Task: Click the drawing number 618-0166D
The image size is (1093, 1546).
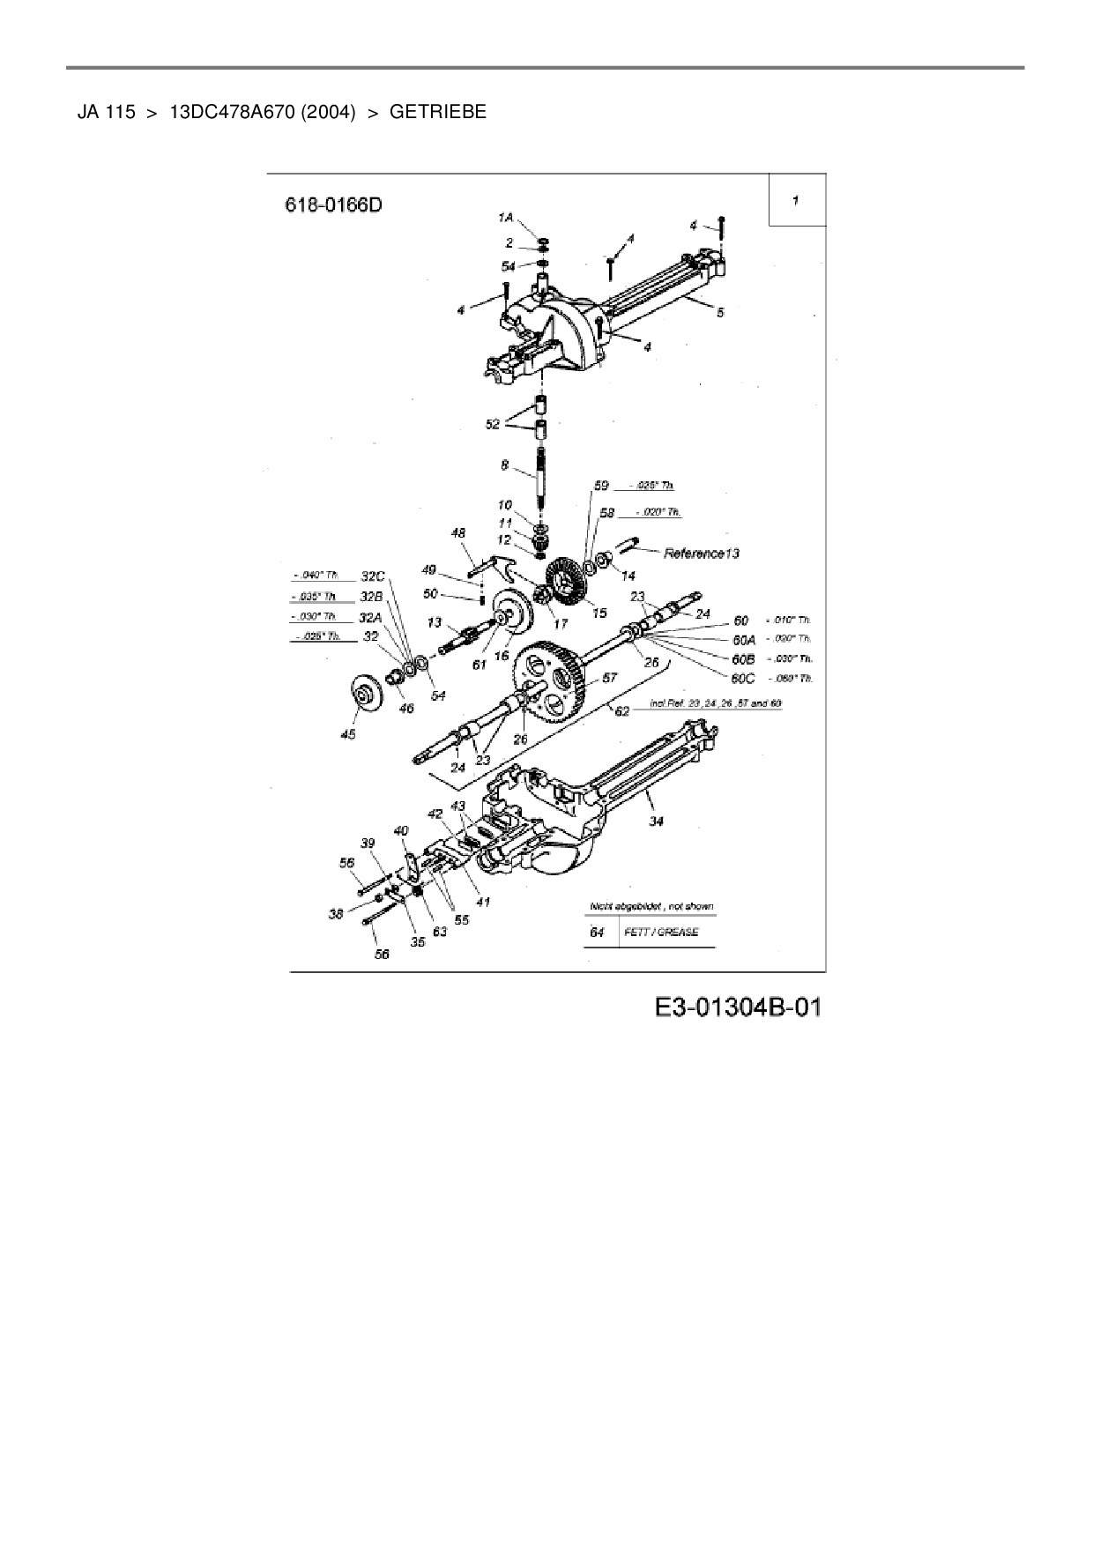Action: pos(333,204)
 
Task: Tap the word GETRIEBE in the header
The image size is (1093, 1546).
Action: pos(437,112)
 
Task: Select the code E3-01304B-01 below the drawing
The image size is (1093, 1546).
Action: pos(738,1007)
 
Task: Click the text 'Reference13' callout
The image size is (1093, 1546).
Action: pos(701,554)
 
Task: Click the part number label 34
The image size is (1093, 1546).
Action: pos(657,821)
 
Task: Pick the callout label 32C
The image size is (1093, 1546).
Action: pos(373,576)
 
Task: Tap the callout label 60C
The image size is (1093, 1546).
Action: pos(743,678)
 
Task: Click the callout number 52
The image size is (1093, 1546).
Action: pos(492,424)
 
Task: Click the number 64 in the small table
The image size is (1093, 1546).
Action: pos(597,932)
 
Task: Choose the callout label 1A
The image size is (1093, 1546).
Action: pos(505,217)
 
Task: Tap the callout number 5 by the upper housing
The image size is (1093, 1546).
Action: pos(720,312)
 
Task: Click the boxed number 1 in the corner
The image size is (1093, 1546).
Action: pos(796,200)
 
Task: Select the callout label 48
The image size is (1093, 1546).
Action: pos(458,533)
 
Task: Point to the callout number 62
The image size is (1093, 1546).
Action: pos(622,710)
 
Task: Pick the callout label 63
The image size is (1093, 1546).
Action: pos(439,931)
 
